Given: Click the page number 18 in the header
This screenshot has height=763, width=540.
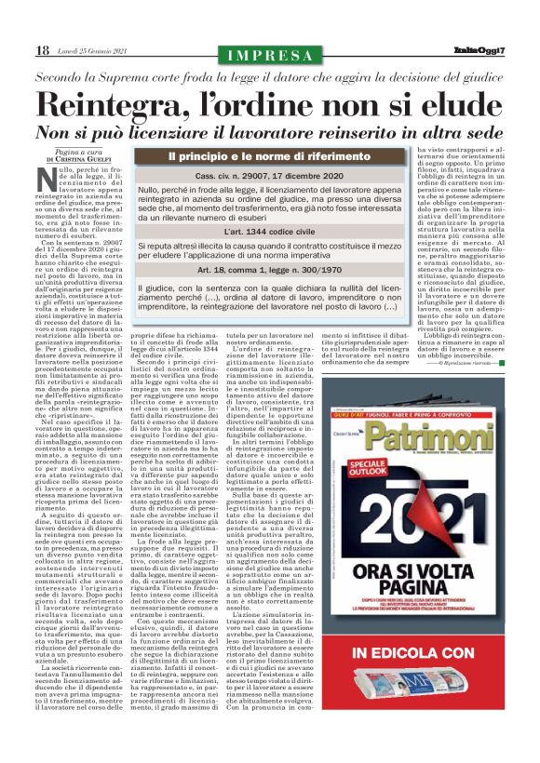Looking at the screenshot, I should pyautogui.click(x=42, y=50).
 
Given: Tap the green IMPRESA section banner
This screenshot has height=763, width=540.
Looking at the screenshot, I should pyautogui.click(x=270, y=55).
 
